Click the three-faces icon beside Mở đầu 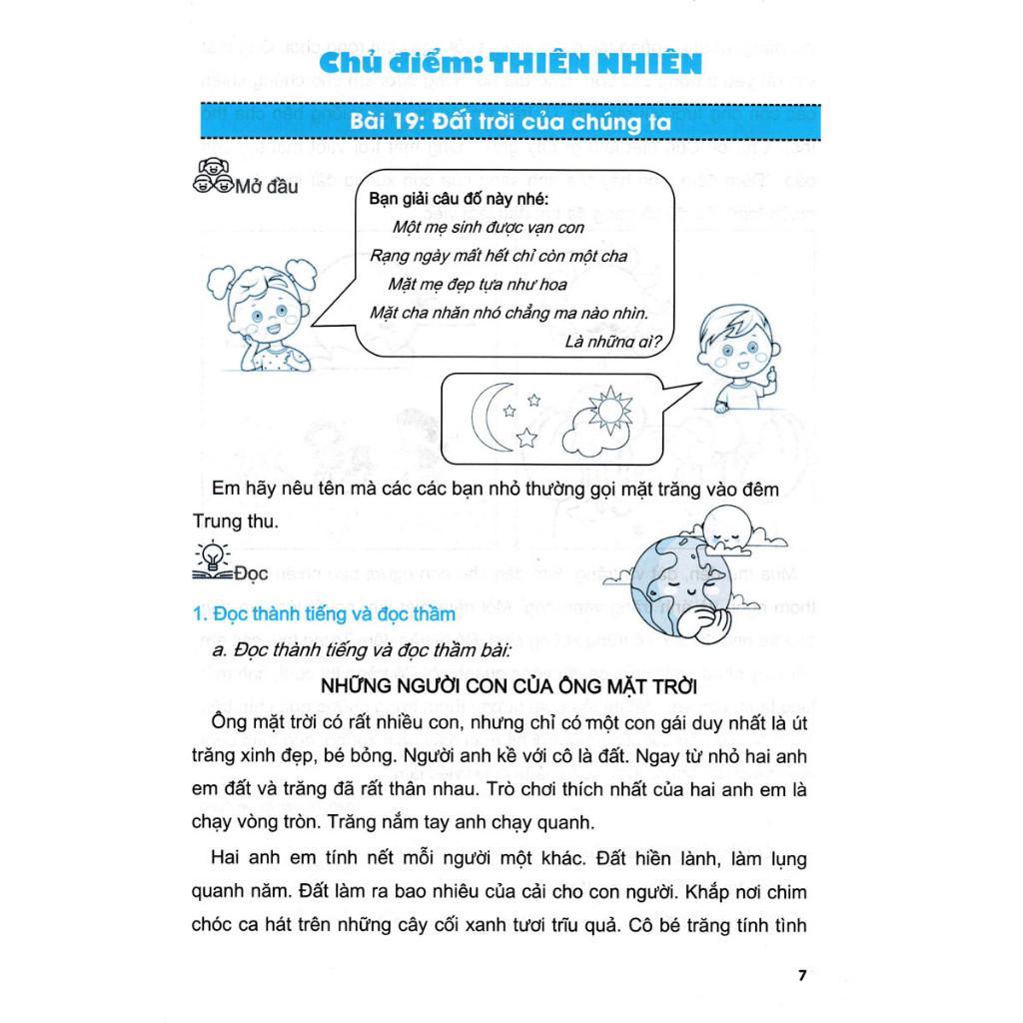(x=211, y=178)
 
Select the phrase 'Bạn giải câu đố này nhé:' (x=439, y=199)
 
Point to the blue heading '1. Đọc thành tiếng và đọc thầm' (x=324, y=614)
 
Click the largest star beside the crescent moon (x=525, y=435)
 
